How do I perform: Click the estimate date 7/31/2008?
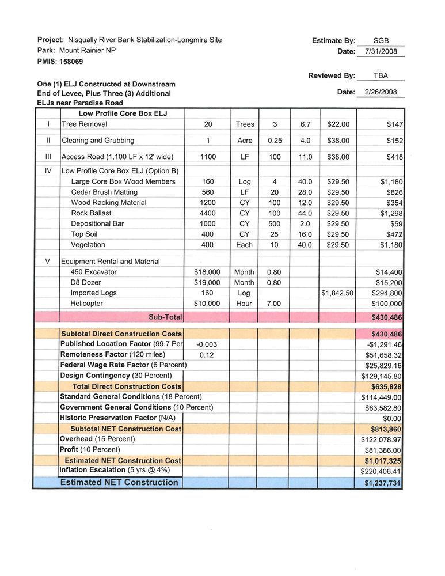381,52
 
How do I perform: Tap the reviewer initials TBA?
381,75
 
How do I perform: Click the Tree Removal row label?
85,124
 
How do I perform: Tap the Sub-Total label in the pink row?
166,317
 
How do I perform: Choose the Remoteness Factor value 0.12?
207,355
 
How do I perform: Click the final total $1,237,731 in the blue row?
383,483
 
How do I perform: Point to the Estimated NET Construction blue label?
119,482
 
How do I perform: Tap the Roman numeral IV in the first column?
48,171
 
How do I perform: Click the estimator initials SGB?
381,41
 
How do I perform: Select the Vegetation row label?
88,245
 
